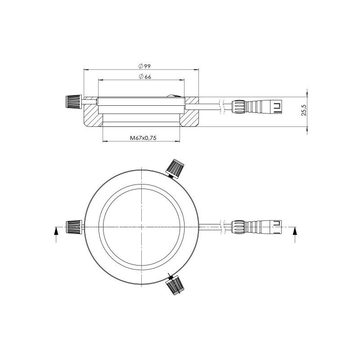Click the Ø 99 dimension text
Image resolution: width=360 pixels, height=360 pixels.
(x=144, y=66)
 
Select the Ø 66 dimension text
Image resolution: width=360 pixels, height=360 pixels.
(x=144, y=77)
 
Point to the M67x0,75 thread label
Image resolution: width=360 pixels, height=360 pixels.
(x=143, y=138)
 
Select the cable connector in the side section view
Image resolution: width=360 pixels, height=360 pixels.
(x=257, y=107)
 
